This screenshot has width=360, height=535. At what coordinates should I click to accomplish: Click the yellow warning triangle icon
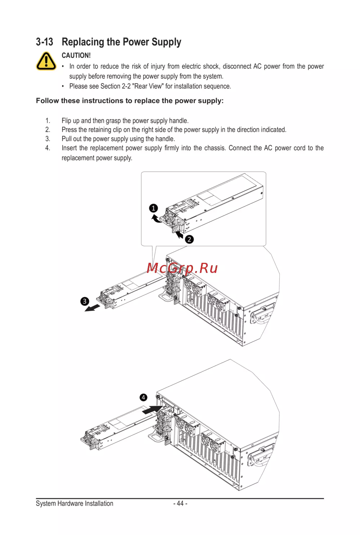(x=46, y=61)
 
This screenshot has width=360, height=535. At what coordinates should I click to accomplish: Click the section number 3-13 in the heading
(x=45, y=42)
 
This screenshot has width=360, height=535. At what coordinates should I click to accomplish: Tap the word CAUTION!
(x=76, y=55)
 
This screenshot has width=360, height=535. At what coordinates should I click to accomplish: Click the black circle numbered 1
(x=153, y=208)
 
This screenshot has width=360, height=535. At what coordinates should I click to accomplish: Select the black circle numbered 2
(x=189, y=239)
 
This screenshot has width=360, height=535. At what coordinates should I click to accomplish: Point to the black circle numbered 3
(x=85, y=301)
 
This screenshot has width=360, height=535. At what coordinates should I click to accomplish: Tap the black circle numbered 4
(x=143, y=397)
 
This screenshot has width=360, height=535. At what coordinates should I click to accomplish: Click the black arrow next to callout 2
(x=179, y=235)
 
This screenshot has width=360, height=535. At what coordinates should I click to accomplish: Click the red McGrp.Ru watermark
(x=182, y=268)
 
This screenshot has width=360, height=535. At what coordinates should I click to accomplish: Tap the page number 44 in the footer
(x=180, y=503)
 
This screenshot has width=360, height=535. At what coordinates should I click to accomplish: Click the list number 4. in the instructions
(x=48, y=148)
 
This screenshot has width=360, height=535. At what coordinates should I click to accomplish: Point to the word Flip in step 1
(x=66, y=121)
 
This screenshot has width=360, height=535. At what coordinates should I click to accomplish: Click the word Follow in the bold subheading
(x=47, y=101)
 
